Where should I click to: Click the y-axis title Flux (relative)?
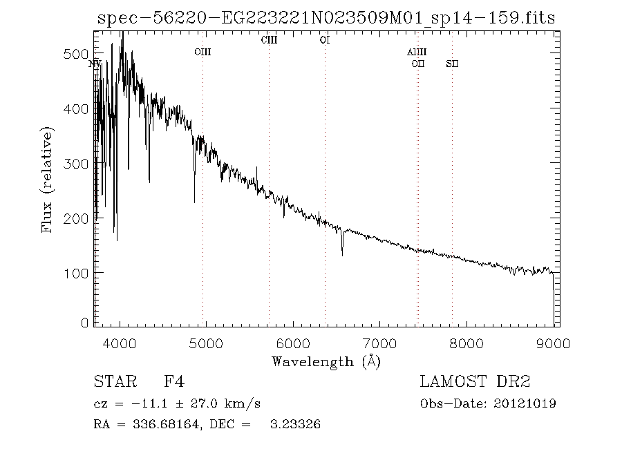(x=48, y=180)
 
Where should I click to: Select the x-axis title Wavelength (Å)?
(x=326, y=361)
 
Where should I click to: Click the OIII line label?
(x=202, y=52)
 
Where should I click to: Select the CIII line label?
(x=269, y=40)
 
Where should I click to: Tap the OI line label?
(x=325, y=40)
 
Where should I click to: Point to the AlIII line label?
(x=417, y=52)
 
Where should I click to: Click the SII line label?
(x=452, y=64)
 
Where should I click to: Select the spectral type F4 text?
(x=173, y=382)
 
